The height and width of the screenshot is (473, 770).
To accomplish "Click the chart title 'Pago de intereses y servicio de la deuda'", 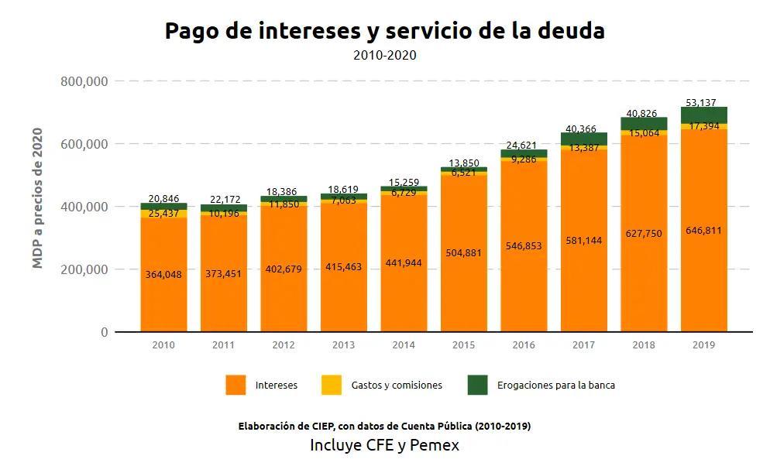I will coord(384,31).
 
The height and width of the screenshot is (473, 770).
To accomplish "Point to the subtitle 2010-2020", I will coord(384,55).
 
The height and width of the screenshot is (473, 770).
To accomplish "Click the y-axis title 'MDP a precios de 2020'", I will coord(38,198).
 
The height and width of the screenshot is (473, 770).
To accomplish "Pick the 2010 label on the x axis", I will coord(163,344).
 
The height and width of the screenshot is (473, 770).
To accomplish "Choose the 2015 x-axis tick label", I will coord(463,344).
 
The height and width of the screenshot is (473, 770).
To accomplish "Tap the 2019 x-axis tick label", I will coord(703,344).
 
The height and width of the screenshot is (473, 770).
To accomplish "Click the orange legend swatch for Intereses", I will coord(235,385).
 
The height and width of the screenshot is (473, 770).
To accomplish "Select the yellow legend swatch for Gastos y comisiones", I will coord(331,385).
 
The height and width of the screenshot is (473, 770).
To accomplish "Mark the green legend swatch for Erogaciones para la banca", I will coord(477,385).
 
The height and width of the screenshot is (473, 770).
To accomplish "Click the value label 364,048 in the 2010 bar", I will coord(163,274).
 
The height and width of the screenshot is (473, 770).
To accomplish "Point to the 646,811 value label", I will coord(703,230).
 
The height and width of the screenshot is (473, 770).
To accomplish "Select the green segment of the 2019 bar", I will coord(703,115).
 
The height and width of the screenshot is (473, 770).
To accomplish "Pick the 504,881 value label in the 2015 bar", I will coord(463,252).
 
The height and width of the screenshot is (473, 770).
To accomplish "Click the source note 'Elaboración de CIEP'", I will coord(384,426).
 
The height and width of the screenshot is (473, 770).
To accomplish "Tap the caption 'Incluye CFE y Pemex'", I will coord(384,445).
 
